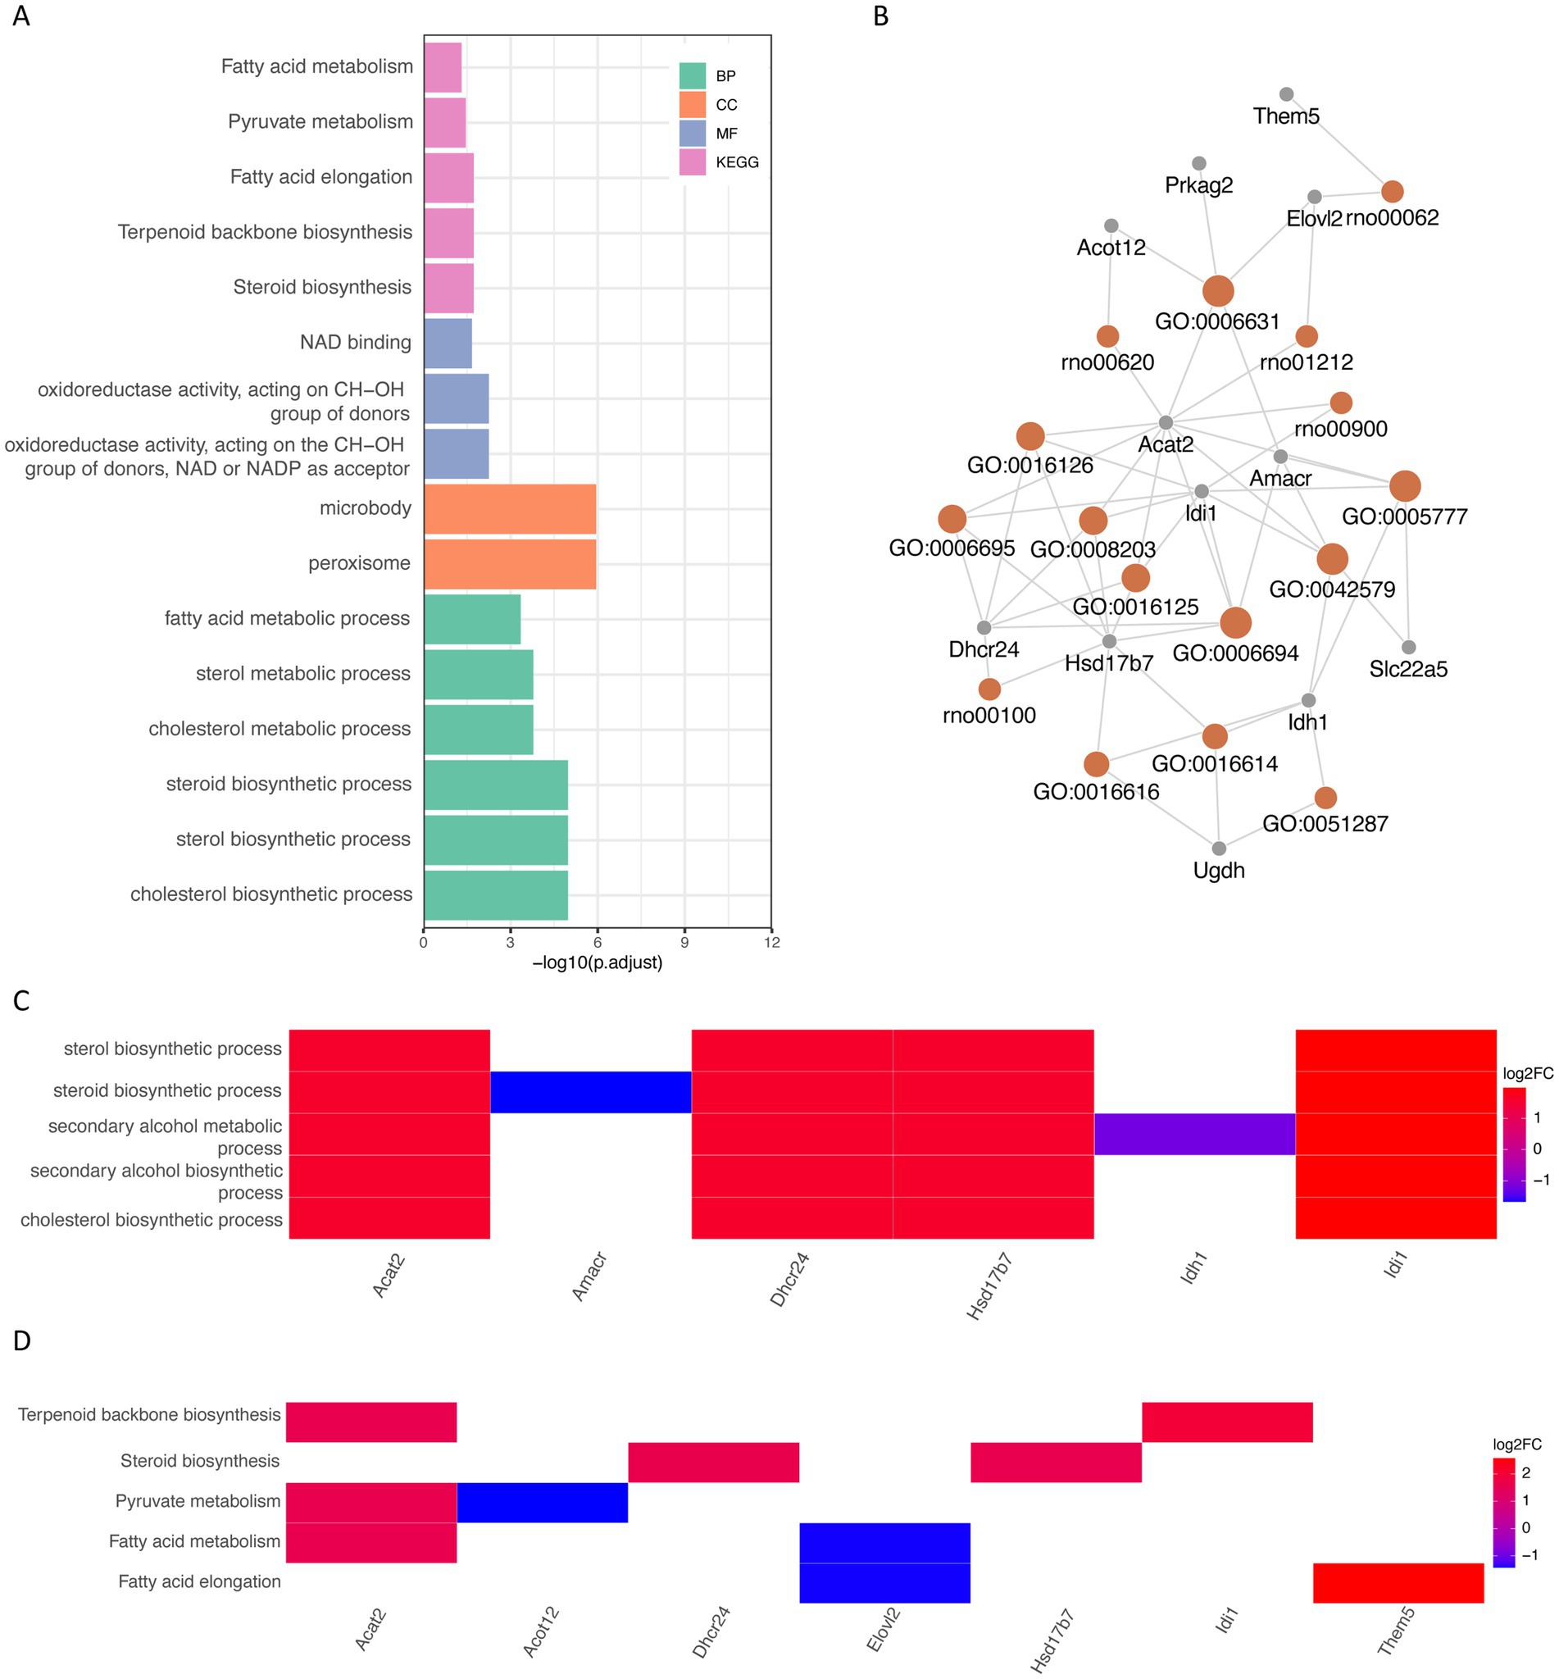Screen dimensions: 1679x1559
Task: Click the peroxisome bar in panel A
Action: pos(510,562)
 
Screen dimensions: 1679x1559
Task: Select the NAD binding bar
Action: pos(447,343)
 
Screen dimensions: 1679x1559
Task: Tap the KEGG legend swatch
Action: pos(692,162)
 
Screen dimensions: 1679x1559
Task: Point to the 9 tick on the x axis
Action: pos(684,943)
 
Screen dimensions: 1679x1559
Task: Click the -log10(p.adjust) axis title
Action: pos(598,962)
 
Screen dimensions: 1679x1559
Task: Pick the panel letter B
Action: pos(881,16)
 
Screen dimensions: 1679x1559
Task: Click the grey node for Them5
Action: pos(1286,94)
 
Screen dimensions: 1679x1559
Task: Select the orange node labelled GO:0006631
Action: pos(1217,291)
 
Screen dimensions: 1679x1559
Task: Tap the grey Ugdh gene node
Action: pos(1218,848)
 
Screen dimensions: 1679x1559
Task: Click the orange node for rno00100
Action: pos(989,689)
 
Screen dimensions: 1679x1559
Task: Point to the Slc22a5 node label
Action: pos(1408,669)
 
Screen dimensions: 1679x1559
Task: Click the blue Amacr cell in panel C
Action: pos(590,1092)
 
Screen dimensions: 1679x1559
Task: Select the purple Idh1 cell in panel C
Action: pos(1193,1134)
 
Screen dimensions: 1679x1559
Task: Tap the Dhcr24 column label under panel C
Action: pos(789,1279)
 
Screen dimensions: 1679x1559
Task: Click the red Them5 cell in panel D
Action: pos(1397,1582)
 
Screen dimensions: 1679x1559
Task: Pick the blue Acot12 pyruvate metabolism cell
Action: pos(542,1502)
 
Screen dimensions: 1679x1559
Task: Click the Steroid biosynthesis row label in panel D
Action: pos(200,1461)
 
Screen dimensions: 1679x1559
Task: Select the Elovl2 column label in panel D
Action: pos(884,1628)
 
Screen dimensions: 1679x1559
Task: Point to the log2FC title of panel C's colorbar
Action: pos(1527,1074)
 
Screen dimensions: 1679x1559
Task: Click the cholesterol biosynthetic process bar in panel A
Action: pos(495,894)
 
